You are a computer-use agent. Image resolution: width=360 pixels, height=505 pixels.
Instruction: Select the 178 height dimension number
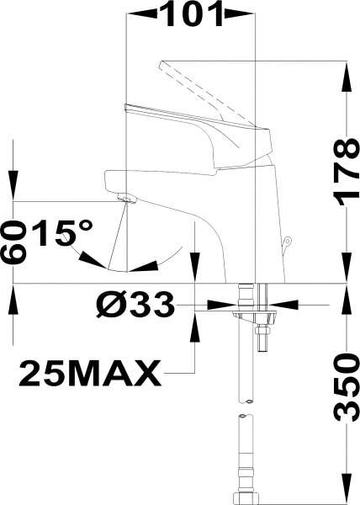(x=341, y=173)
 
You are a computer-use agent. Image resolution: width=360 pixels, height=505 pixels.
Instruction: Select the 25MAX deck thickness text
(x=88, y=370)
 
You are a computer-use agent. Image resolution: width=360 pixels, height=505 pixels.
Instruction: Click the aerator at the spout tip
(x=125, y=199)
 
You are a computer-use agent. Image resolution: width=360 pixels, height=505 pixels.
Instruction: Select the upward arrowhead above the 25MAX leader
(x=195, y=324)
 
